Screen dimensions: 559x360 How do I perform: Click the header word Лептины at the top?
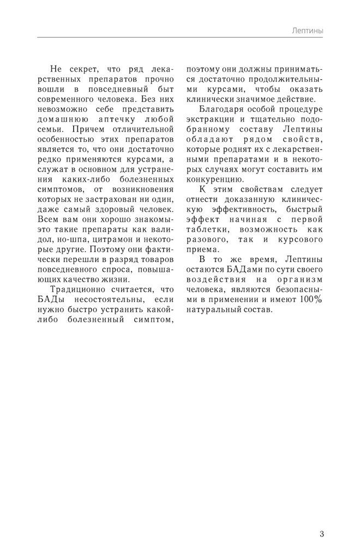tap(307, 32)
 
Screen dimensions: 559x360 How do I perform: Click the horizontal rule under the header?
tap(180, 38)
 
